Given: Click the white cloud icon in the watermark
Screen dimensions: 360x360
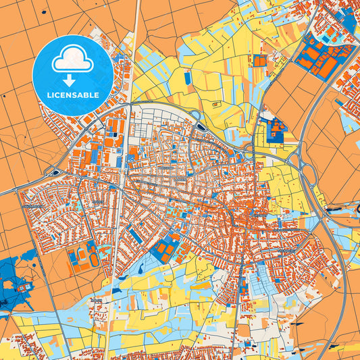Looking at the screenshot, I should click(72, 61).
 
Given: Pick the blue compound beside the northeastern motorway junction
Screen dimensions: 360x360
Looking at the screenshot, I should click(273, 131).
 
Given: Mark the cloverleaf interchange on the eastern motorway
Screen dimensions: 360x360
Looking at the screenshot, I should click(295, 160).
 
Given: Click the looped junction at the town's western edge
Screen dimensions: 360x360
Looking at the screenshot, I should click(54, 173).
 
